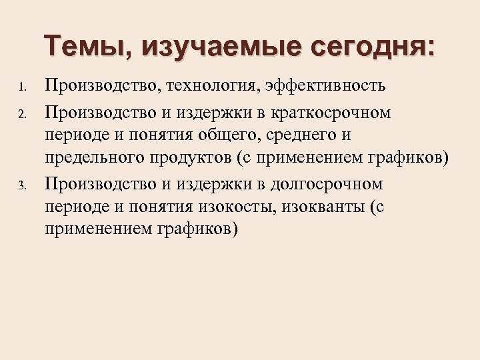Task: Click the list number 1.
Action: point(22,87)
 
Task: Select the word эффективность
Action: point(326,86)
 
